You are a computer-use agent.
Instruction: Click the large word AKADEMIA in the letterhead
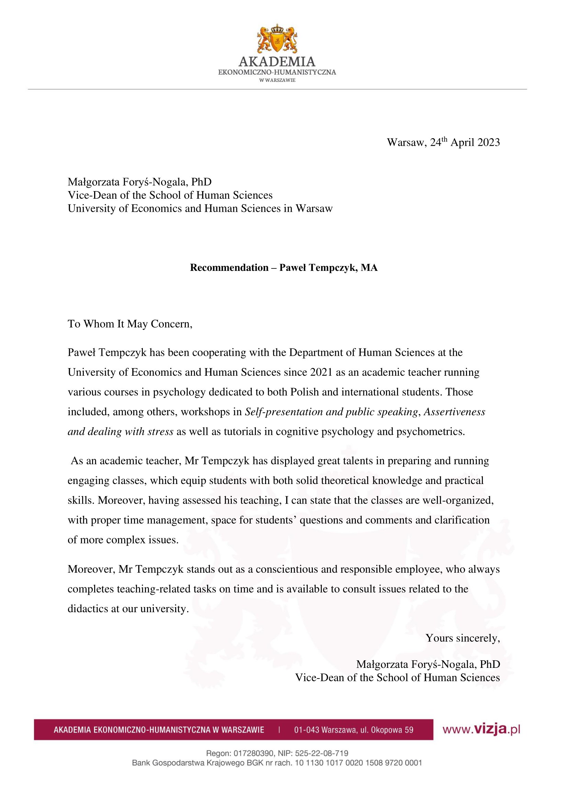click(277, 62)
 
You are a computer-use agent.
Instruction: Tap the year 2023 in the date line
click(489, 143)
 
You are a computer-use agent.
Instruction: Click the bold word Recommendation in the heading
click(229, 268)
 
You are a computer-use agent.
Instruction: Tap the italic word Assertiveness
click(454, 412)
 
